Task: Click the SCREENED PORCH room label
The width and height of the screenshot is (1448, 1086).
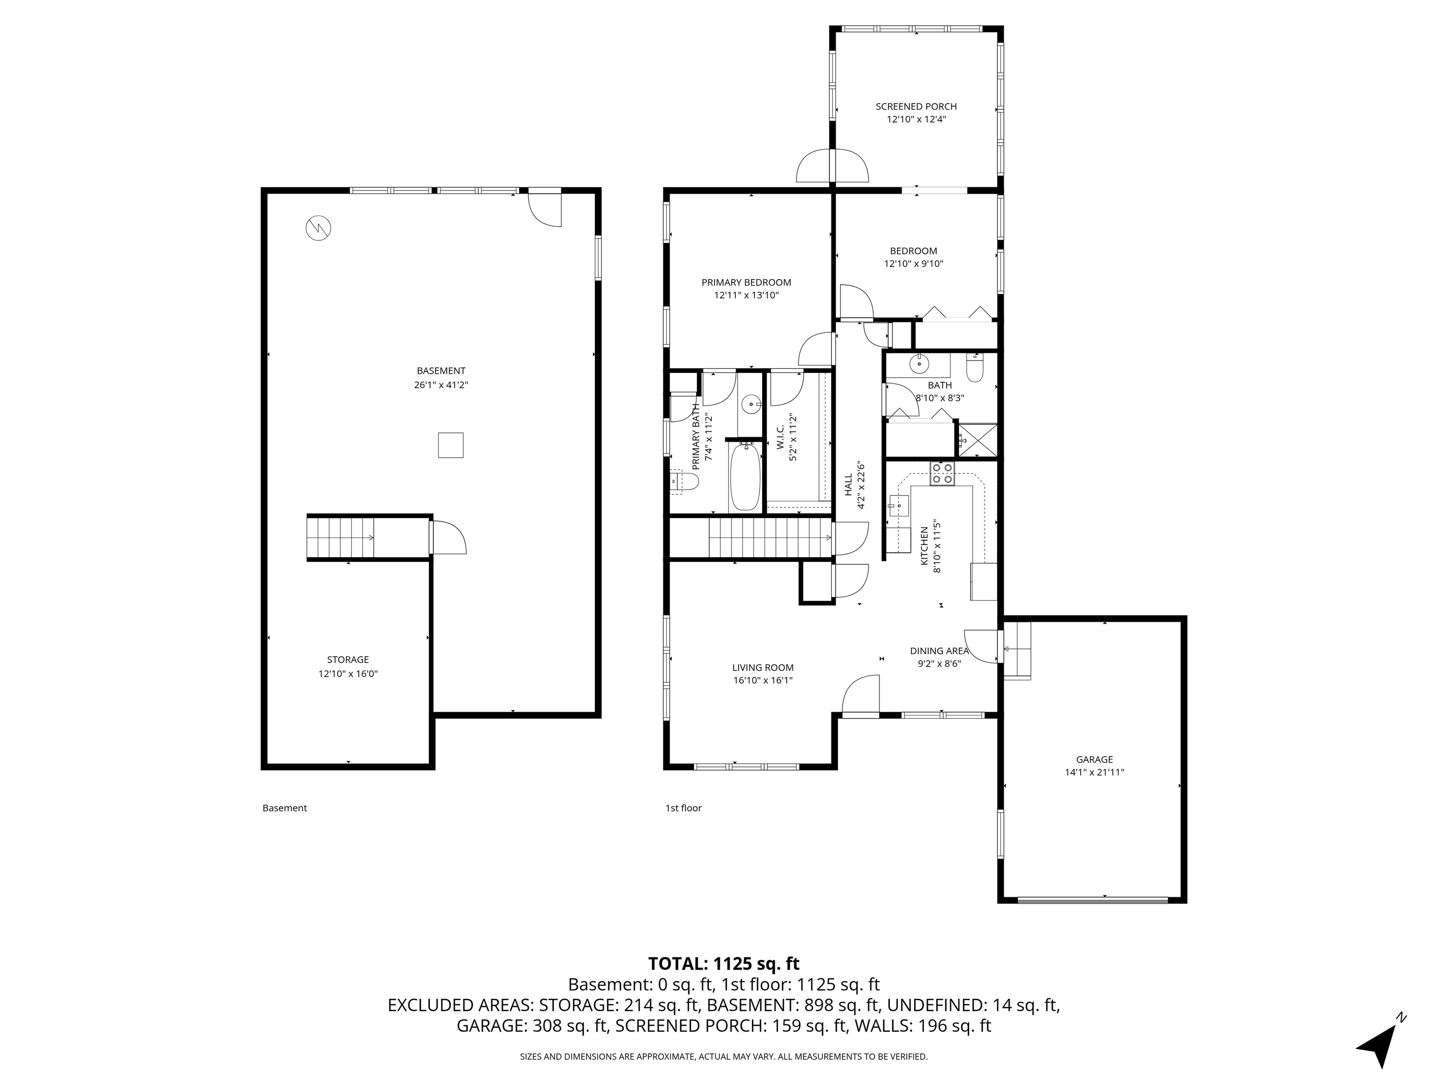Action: [916, 107]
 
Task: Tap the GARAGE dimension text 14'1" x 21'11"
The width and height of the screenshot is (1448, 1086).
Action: [1094, 772]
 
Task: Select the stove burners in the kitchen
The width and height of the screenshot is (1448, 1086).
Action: [942, 473]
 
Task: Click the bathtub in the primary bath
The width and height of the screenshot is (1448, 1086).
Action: [745, 476]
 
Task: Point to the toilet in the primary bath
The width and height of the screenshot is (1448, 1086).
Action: [685, 481]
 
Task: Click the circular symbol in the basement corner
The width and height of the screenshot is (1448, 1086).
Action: [318, 228]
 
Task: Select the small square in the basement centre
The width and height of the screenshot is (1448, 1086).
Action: [450, 445]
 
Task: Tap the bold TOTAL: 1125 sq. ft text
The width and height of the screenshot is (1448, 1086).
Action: [724, 963]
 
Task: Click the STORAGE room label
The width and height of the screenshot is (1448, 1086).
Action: [347, 660]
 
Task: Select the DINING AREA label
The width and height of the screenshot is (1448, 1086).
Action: [939, 650]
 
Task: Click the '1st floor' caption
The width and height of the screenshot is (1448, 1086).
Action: [683, 808]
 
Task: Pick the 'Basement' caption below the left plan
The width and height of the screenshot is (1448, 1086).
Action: [284, 808]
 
